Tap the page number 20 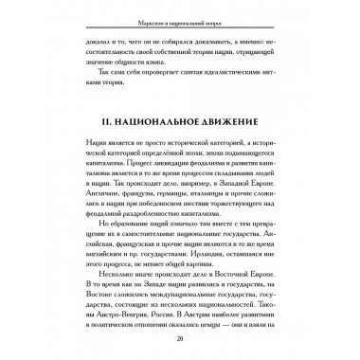coord(179,342)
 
